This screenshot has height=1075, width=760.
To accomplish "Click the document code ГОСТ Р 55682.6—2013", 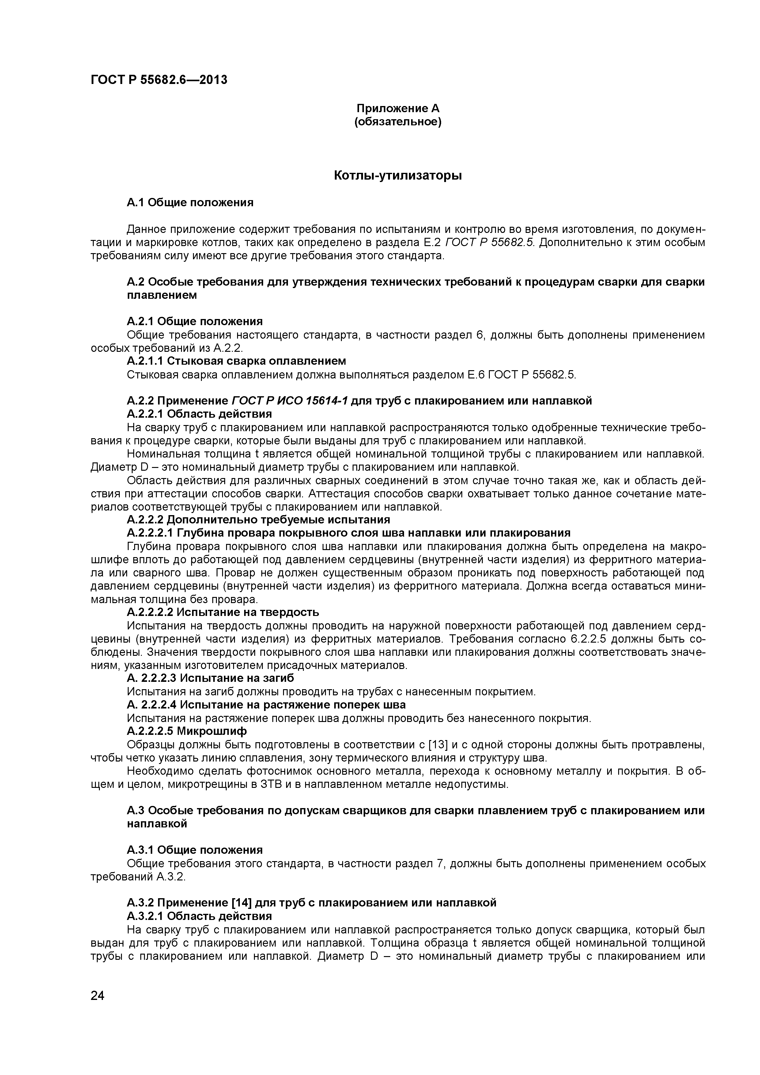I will [x=159, y=80].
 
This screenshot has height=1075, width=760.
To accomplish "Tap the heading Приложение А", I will [x=398, y=108].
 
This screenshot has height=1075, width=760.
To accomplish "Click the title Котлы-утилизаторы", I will [x=398, y=176].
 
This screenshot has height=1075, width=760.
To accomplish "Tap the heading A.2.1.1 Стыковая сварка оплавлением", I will [x=236, y=361].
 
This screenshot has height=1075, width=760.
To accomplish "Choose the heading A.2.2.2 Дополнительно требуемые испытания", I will [x=258, y=520].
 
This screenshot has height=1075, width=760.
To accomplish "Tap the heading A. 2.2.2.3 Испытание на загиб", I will [x=210, y=678].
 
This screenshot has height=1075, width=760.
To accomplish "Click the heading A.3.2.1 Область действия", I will [x=199, y=916].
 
